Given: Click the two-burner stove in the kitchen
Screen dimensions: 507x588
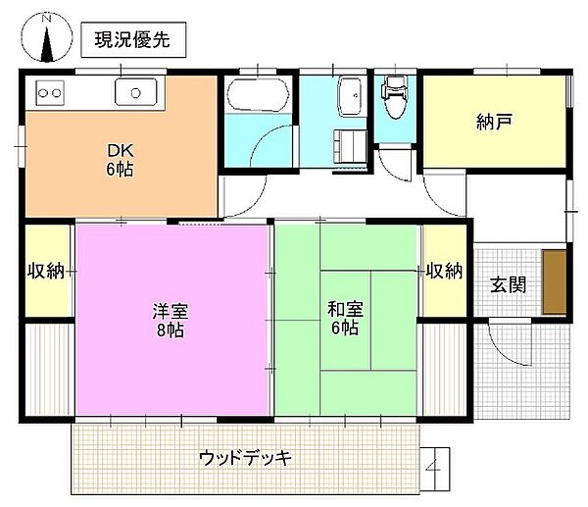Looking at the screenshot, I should coord(50,93).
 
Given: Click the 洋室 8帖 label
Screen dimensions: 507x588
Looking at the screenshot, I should coord(170,320).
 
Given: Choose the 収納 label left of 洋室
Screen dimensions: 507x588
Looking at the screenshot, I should coord(46,271).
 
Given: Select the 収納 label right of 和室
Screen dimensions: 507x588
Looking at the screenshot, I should coord(445,271).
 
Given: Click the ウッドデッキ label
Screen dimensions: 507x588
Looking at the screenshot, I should coord(245,457).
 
